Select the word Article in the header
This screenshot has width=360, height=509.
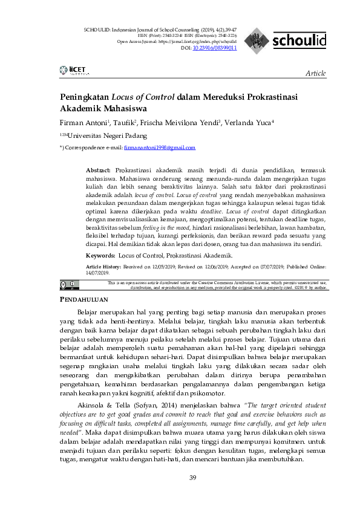pyautogui.click(x=315, y=73)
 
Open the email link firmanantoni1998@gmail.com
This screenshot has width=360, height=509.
pyautogui.click(x=160, y=148)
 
